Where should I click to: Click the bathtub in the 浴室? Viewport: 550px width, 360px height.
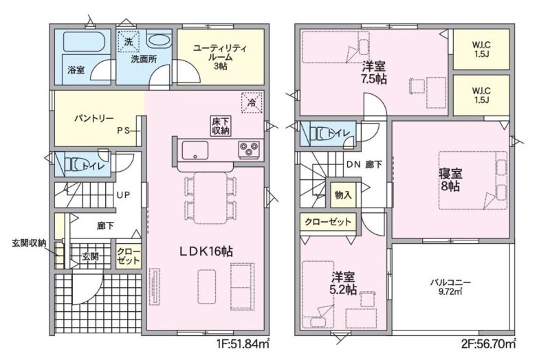87,43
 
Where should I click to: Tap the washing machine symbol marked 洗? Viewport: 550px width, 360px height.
129,42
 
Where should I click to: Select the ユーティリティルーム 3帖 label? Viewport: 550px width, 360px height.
220,57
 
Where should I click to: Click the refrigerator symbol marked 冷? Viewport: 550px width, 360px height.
252,102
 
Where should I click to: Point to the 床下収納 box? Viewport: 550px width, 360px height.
221,126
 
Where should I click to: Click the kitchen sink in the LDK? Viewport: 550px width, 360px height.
195,150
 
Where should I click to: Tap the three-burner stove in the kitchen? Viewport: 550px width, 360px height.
249,150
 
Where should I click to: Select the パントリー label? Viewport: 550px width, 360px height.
93,118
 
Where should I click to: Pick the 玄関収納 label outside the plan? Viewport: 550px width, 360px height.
29,243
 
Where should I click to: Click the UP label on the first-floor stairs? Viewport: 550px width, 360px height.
123,195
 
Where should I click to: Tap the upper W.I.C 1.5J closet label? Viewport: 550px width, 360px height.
481,49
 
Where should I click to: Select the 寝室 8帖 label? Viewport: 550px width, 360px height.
450,179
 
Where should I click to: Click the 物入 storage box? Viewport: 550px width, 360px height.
343,195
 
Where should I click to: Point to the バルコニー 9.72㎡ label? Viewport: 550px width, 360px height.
450,286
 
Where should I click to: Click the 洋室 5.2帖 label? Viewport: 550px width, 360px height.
344,283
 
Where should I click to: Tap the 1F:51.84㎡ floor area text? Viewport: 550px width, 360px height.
243,344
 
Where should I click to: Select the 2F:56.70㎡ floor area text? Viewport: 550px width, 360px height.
489,344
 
